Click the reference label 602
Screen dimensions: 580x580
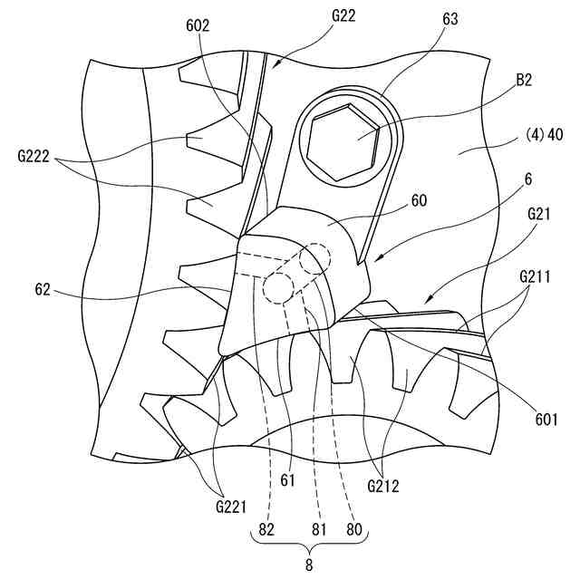click(198, 26)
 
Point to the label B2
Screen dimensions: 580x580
click(523, 80)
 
